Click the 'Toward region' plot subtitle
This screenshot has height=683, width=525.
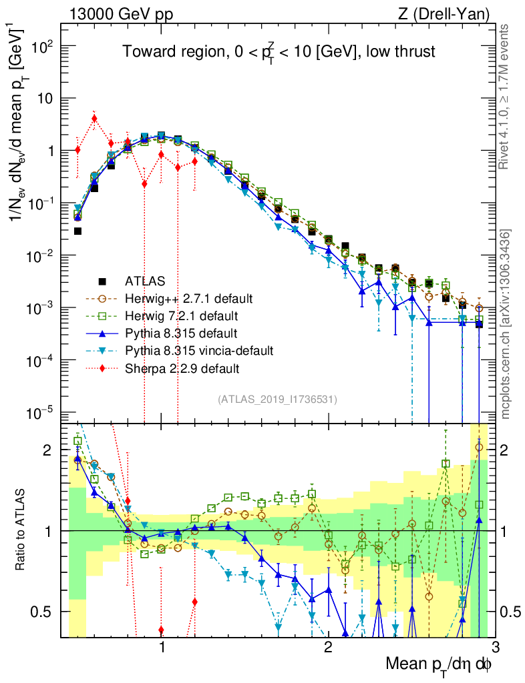click(279, 52)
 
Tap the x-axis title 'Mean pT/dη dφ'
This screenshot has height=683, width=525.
click(440, 664)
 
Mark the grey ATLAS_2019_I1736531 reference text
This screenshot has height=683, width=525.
click(277, 400)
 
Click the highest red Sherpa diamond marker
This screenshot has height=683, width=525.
click(94, 119)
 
